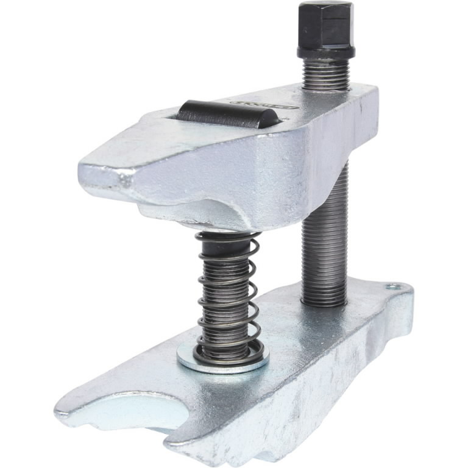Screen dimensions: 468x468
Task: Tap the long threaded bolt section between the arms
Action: [x=325, y=244]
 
